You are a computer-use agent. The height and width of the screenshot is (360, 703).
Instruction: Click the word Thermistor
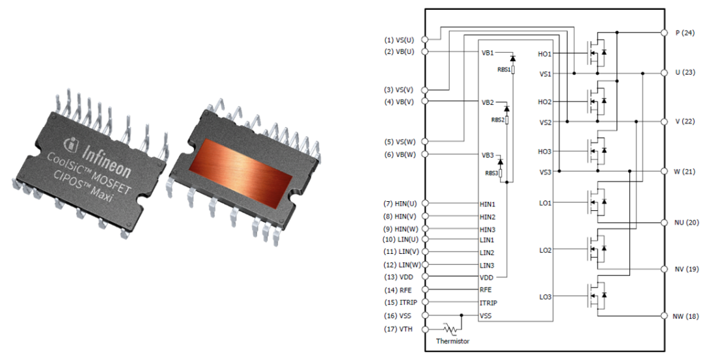[x=453, y=340]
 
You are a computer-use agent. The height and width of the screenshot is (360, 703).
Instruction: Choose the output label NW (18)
[x=685, y=316]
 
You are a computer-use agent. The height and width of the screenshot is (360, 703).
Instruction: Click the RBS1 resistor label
[x=503, y=68]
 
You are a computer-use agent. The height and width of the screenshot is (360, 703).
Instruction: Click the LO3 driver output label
[x=545, y=297]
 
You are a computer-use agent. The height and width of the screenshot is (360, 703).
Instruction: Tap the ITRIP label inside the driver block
[x=488, y=303]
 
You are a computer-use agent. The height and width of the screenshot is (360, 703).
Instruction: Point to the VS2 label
[x=545, y=122]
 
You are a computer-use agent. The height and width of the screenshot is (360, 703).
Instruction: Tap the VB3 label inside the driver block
[x=488, y=155]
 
